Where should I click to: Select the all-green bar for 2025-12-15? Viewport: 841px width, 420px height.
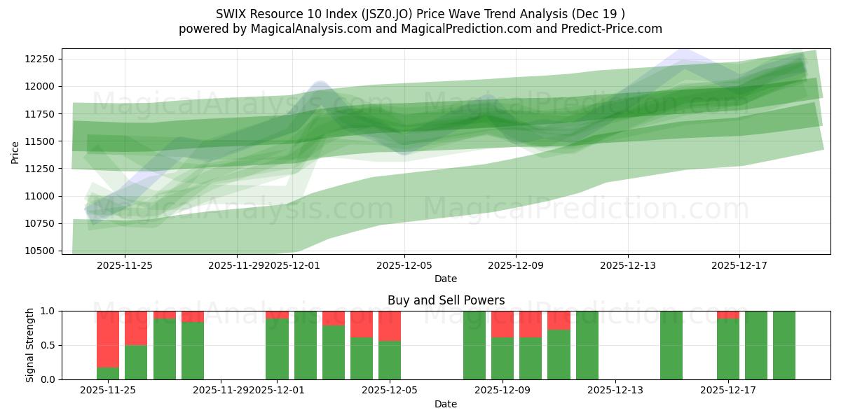click(x=671, y=345)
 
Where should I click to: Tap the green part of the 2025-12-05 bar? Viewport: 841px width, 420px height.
click(x=390, y=360)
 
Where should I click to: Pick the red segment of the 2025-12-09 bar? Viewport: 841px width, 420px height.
click(x=502, y=324)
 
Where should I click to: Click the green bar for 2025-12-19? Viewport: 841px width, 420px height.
click(x=784, y=345)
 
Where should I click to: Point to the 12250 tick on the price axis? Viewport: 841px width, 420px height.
click(x=44, y=59)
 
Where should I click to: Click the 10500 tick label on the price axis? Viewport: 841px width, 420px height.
click(x=44, y=251)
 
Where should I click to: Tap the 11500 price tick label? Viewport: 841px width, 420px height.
click(x=44, y=141)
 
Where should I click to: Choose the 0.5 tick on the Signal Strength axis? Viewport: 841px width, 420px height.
click(x=47, y=345)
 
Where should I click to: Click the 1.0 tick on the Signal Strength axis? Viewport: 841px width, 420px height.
click(x=47, y=311)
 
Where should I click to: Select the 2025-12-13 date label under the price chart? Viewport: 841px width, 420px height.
click(x=627, y=265)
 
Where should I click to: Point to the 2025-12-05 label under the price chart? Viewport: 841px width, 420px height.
click(x=404, y=265)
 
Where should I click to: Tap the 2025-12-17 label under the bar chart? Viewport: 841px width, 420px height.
click(x=727, y=391)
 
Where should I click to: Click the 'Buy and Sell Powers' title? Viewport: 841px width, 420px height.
click(x=446, y=300)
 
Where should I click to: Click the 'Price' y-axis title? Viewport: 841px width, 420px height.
click(x=15, y=151)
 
